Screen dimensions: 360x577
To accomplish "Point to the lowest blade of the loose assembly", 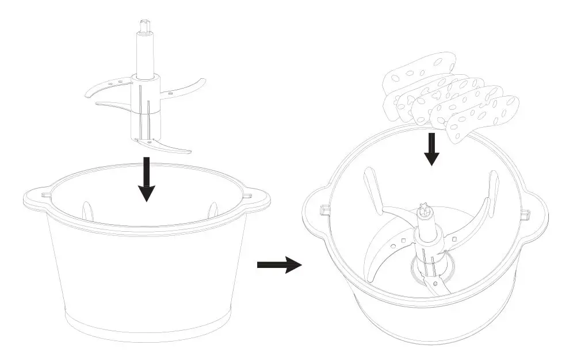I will (x=170, y=146).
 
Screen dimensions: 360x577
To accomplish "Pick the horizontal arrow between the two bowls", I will (x=278, y=265).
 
